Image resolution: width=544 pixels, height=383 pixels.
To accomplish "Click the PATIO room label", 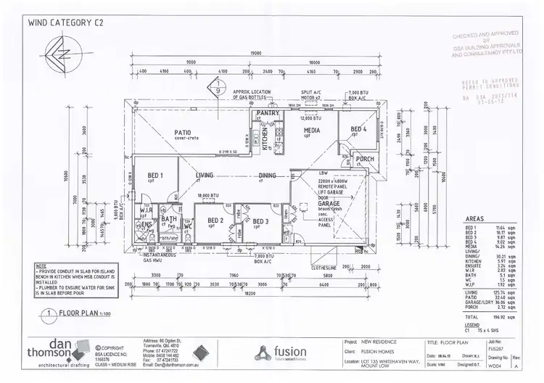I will coord(181,133).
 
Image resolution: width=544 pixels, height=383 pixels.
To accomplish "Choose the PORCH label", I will coord(365,158).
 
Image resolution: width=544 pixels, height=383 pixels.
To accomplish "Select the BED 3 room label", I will coord(261,221).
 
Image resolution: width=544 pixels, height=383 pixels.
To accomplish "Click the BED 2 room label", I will coord(215,221).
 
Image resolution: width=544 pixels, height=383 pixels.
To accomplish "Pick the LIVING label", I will coord(205,176).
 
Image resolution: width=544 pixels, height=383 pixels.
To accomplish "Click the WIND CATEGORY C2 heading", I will coord(65,22).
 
